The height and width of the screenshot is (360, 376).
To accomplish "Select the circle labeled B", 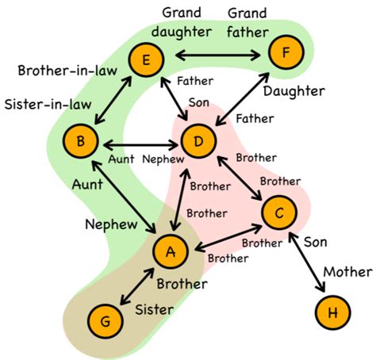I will point(83,143).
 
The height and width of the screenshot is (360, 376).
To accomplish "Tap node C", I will point(278,213).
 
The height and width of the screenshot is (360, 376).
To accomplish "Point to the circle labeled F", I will point(284,54).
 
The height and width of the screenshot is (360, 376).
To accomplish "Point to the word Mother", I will point(346,273).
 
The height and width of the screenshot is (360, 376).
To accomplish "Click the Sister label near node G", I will point(153,309).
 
